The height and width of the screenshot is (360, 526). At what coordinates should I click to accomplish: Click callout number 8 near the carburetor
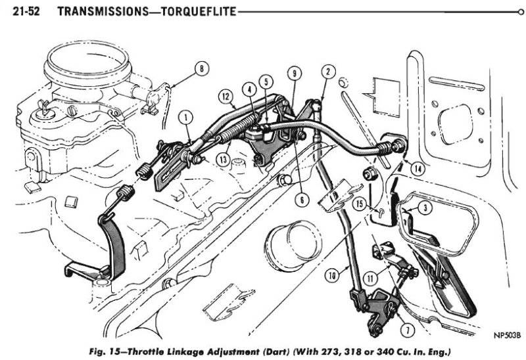pyautogui.click(x=201, y=67)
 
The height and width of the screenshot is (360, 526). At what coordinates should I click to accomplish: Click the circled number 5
pyautogui.click(x=265, y=83)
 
